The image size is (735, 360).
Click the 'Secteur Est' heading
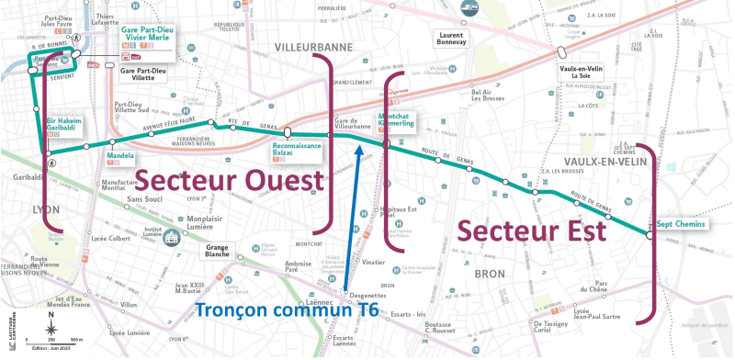tap(531, 229)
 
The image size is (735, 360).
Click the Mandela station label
tap(121, 155)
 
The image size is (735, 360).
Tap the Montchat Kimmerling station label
tap(396, 119)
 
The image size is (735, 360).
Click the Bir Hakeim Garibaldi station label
tap(67, 127)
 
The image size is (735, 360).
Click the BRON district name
tap(484, 273)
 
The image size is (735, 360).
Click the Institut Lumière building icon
tap(172, 238)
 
